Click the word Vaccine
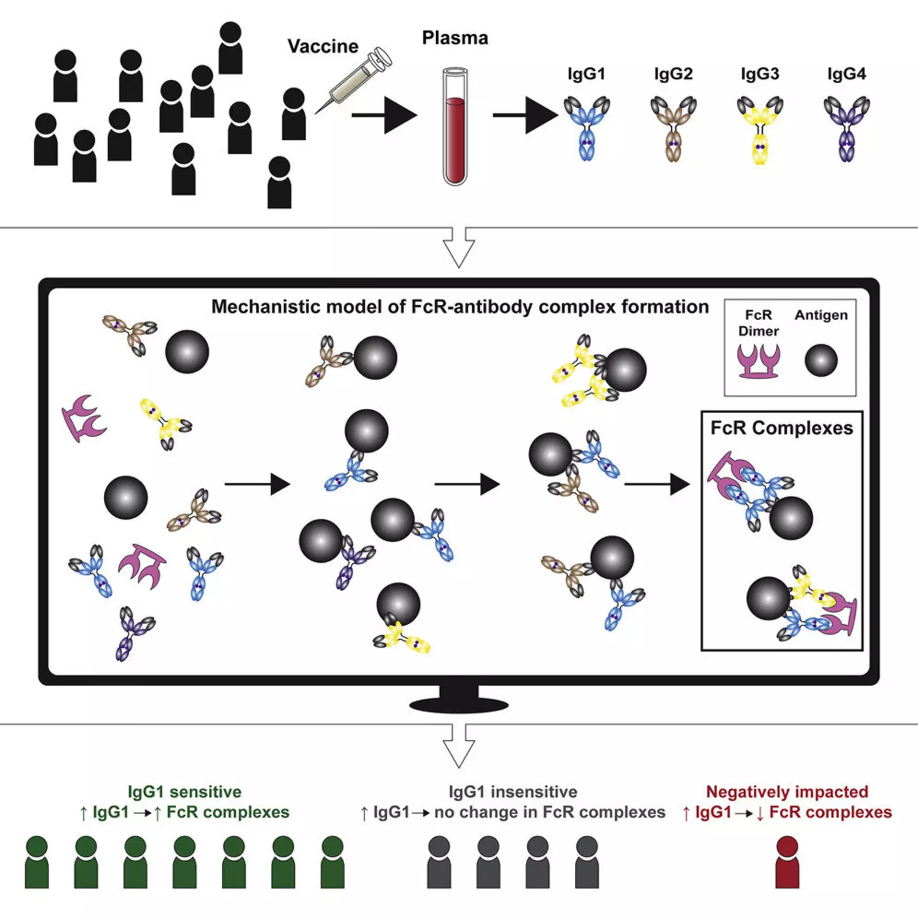322,46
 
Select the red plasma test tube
455,127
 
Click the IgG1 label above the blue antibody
586,74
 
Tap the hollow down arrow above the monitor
458,247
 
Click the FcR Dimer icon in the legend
758,361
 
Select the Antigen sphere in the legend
821,360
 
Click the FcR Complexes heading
781,428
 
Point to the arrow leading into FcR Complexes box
656,484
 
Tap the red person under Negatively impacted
787,862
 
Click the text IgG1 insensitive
512,792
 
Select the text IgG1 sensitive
184,792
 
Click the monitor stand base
458,703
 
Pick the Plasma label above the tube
455,38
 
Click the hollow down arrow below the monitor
458,746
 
